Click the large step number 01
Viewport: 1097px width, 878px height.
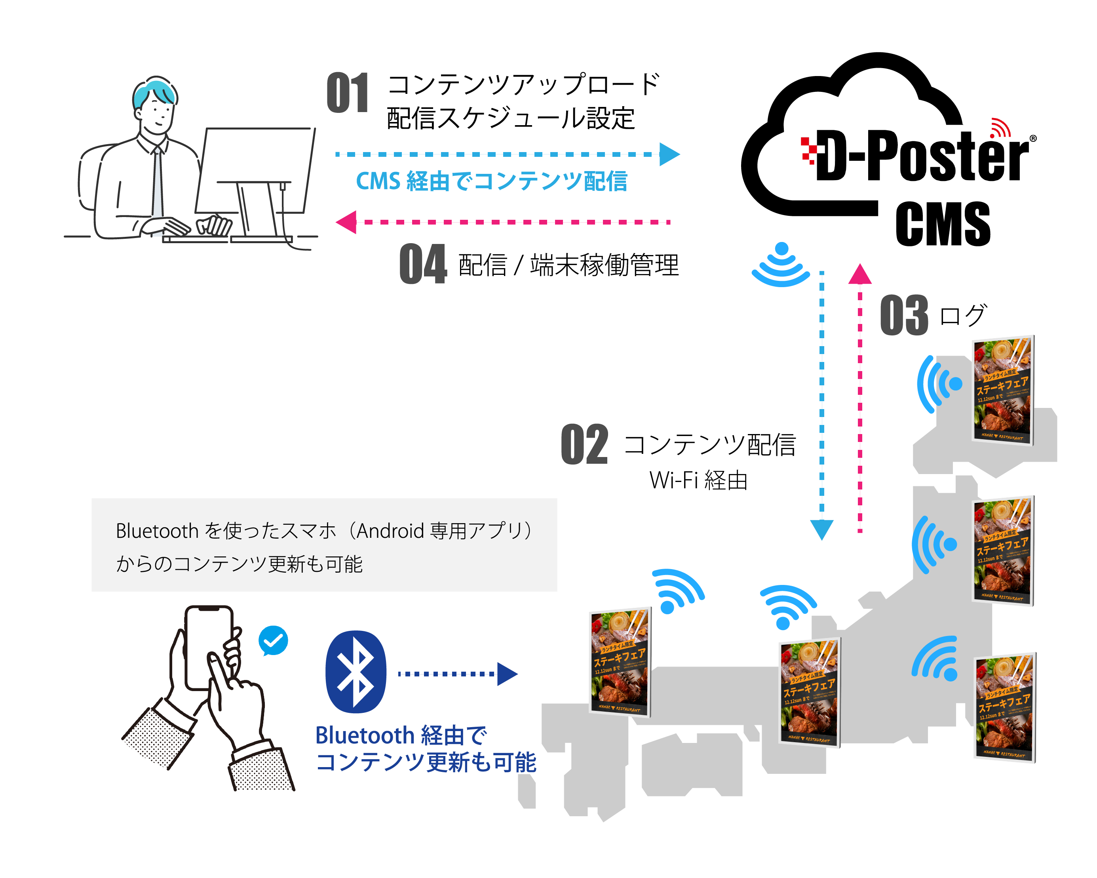click(348, 93)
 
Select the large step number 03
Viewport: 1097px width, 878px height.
click(904, 315)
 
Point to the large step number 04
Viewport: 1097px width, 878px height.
click(423, 264)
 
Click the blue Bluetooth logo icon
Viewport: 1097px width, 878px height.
click(356, 672)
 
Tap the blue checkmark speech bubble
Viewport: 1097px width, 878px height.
click(273, 640)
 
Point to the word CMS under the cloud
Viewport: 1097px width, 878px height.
click(943, 224)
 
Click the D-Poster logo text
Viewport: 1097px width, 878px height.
click(921, 155)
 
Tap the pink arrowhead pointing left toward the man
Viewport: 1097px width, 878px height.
click(347, 223)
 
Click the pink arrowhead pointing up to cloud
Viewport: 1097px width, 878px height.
click(860, 274)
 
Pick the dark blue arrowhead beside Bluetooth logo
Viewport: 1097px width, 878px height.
click(507, 674)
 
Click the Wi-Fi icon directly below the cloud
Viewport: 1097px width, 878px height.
click(781, 265)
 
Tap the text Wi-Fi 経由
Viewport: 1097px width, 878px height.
click(698, 480)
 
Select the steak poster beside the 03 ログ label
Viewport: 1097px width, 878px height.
click(1002, 390)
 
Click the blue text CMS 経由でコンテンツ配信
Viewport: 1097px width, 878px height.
click(491, 181)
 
